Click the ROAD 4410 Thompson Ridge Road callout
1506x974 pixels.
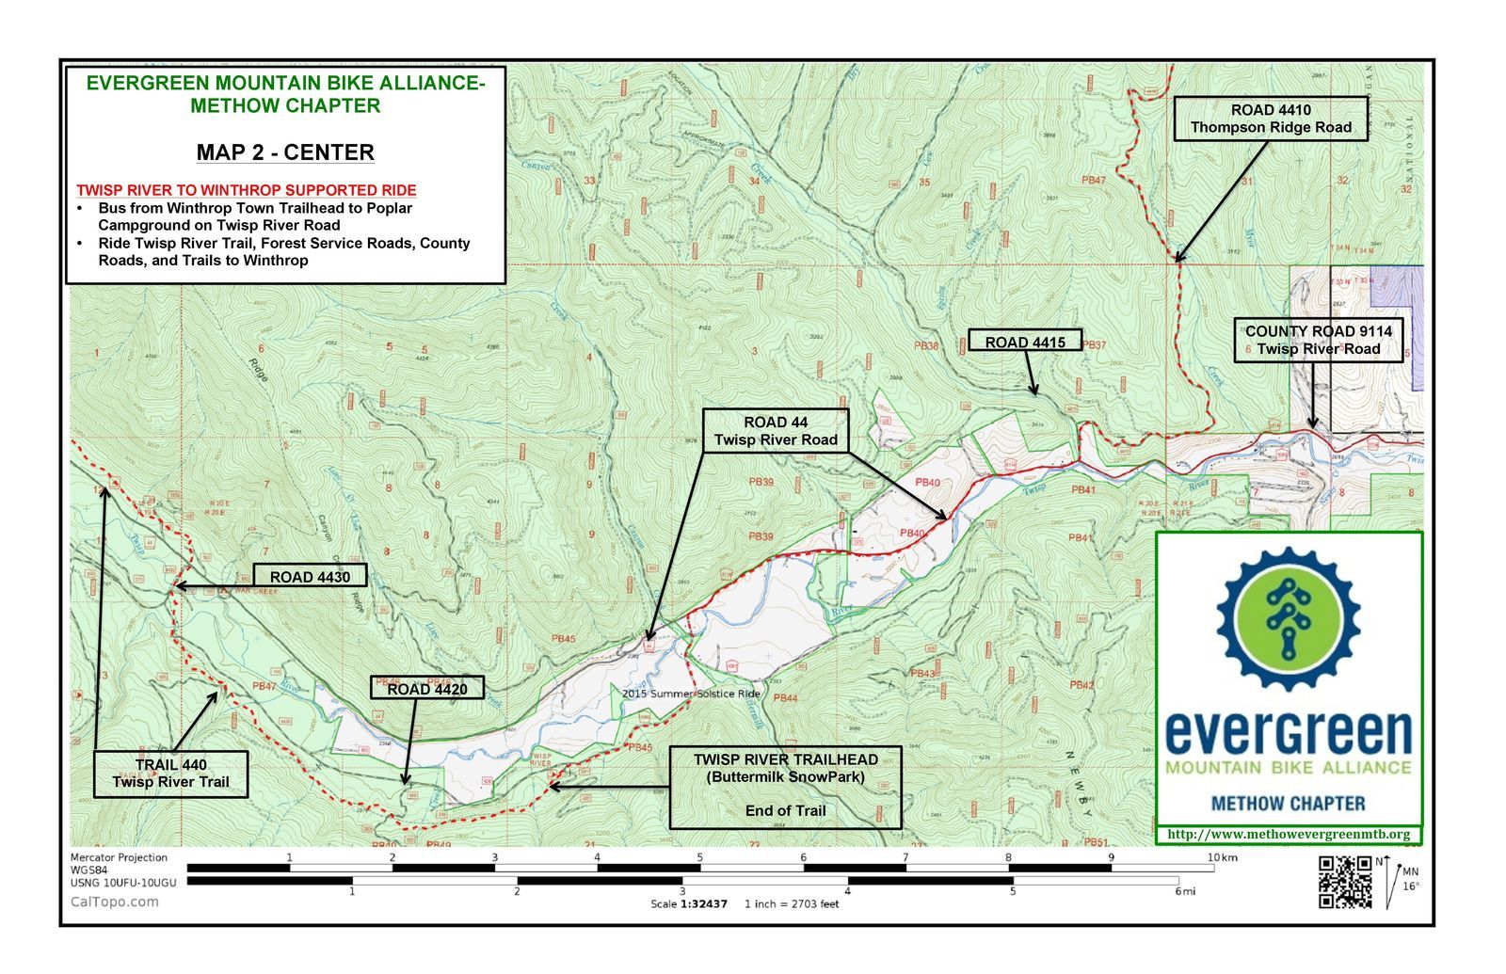click(x=1271, y=119)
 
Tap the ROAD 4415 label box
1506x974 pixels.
click(x=1025, y=342)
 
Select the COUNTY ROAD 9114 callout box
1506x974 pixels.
click(x=1318, y=340)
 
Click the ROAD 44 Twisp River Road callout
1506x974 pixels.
click(x=776, y=431)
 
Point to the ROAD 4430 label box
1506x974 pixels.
click(x=310, y=577)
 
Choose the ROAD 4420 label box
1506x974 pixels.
click(x=427, y=689)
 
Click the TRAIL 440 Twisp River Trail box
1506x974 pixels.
click(x=170, y=774)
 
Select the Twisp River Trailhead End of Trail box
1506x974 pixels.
click(x=785, y=787)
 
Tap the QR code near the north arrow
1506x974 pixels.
click(x=1344, y=882)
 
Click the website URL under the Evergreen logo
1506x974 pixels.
click(x=1289, y=834)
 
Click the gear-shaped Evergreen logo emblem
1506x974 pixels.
click(x=1288, y=619)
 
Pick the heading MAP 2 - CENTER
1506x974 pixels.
click(x=285, y=152)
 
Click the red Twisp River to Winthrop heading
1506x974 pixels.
click(x=247, y=190)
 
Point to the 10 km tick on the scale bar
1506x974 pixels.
click(x=1213, y=858)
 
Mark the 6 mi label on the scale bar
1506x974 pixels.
click(x=1183, y=891)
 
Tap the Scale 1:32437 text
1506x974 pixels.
click(x=689, y=903)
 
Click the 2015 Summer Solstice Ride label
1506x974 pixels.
click(x=691, y=694)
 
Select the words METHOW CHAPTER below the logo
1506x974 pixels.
click(x=1288, y=804)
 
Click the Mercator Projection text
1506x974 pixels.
click(x=119, y=857)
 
